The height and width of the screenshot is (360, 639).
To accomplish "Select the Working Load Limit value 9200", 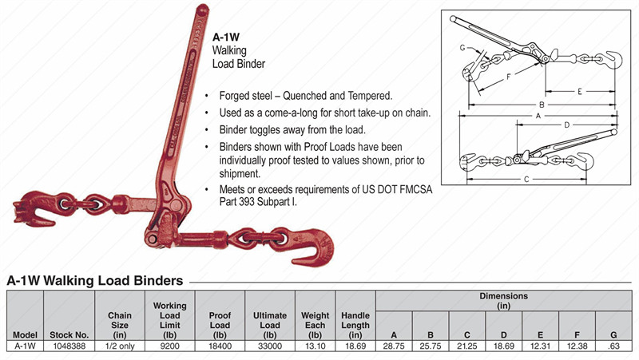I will click(169, 346).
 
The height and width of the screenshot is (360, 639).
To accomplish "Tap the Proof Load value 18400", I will click(219, 346).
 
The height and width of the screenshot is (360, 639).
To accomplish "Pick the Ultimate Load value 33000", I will click(269, 346).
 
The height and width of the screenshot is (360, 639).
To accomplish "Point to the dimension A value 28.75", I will click(393, 346).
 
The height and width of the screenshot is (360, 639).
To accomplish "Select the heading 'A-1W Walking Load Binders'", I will click(96, 280).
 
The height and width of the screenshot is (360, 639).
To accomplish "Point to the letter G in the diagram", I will click(462, 48).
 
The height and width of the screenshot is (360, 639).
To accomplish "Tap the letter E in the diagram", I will click(578, 93).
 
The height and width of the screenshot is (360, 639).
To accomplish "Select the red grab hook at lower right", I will click(315, 243).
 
